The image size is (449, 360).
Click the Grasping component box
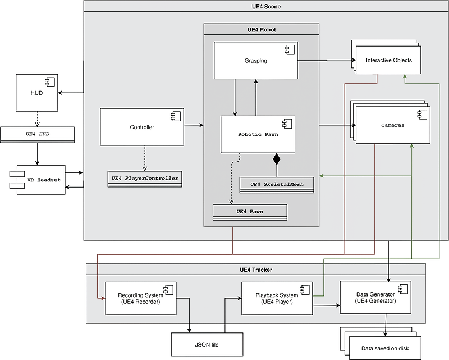pos(255,60)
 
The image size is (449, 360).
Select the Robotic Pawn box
pos(258,134)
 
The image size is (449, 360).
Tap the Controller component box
pos(141,127)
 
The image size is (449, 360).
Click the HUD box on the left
pos(36,93)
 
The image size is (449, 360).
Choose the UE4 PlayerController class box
pos(145,179)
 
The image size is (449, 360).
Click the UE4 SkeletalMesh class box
pos(277,185)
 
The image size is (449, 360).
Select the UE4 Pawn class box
pos(250,212)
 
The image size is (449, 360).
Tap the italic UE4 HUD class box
pos(37,134)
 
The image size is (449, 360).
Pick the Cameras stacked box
pos(393,125)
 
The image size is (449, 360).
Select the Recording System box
pos(140,298)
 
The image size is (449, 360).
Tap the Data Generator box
pos(375,297)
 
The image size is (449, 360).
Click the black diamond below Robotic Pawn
pos(276,160)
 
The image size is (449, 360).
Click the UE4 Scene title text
pos(265,6)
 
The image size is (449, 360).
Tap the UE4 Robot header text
pos(261,29)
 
